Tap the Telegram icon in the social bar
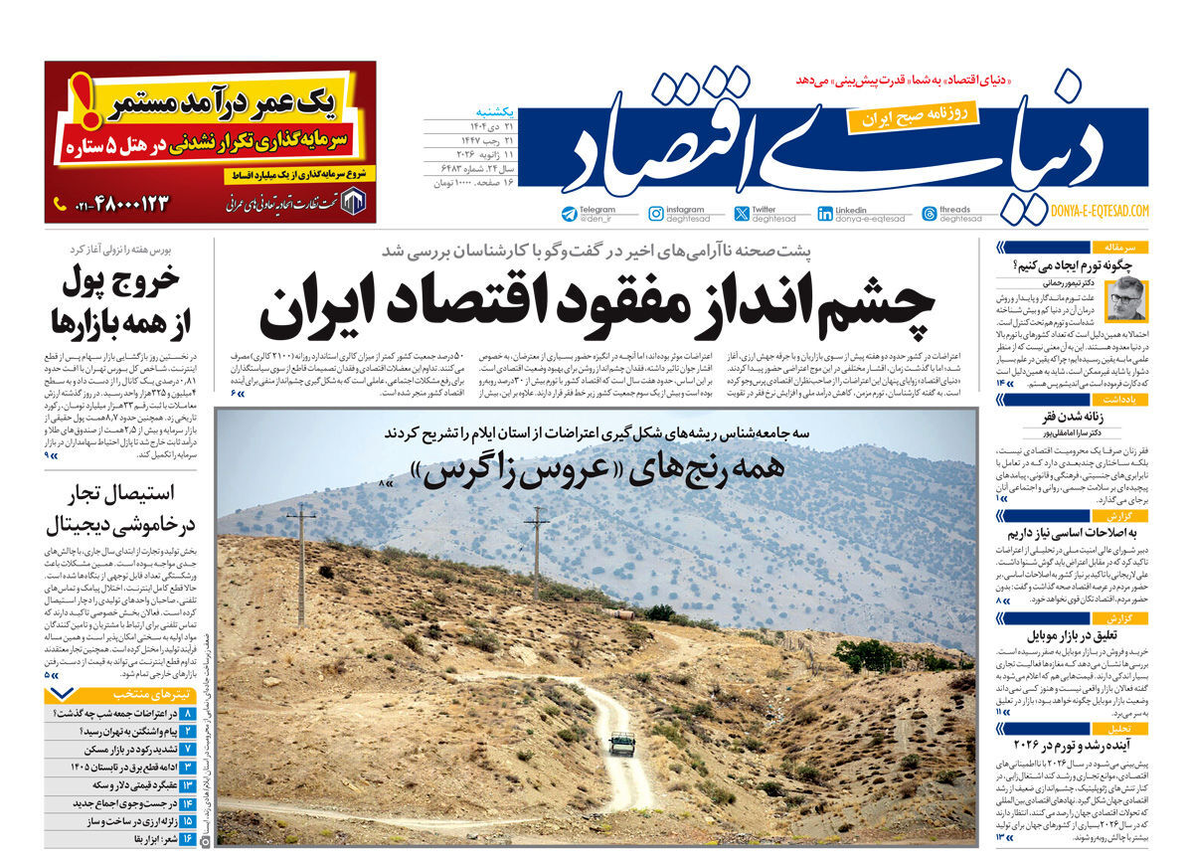point(569,214)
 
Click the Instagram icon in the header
point(656,214)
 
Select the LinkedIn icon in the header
point(825,214)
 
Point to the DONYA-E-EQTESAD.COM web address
point(1099,211)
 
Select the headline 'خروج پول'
point(121,282)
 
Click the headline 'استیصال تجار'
point(125,492)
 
